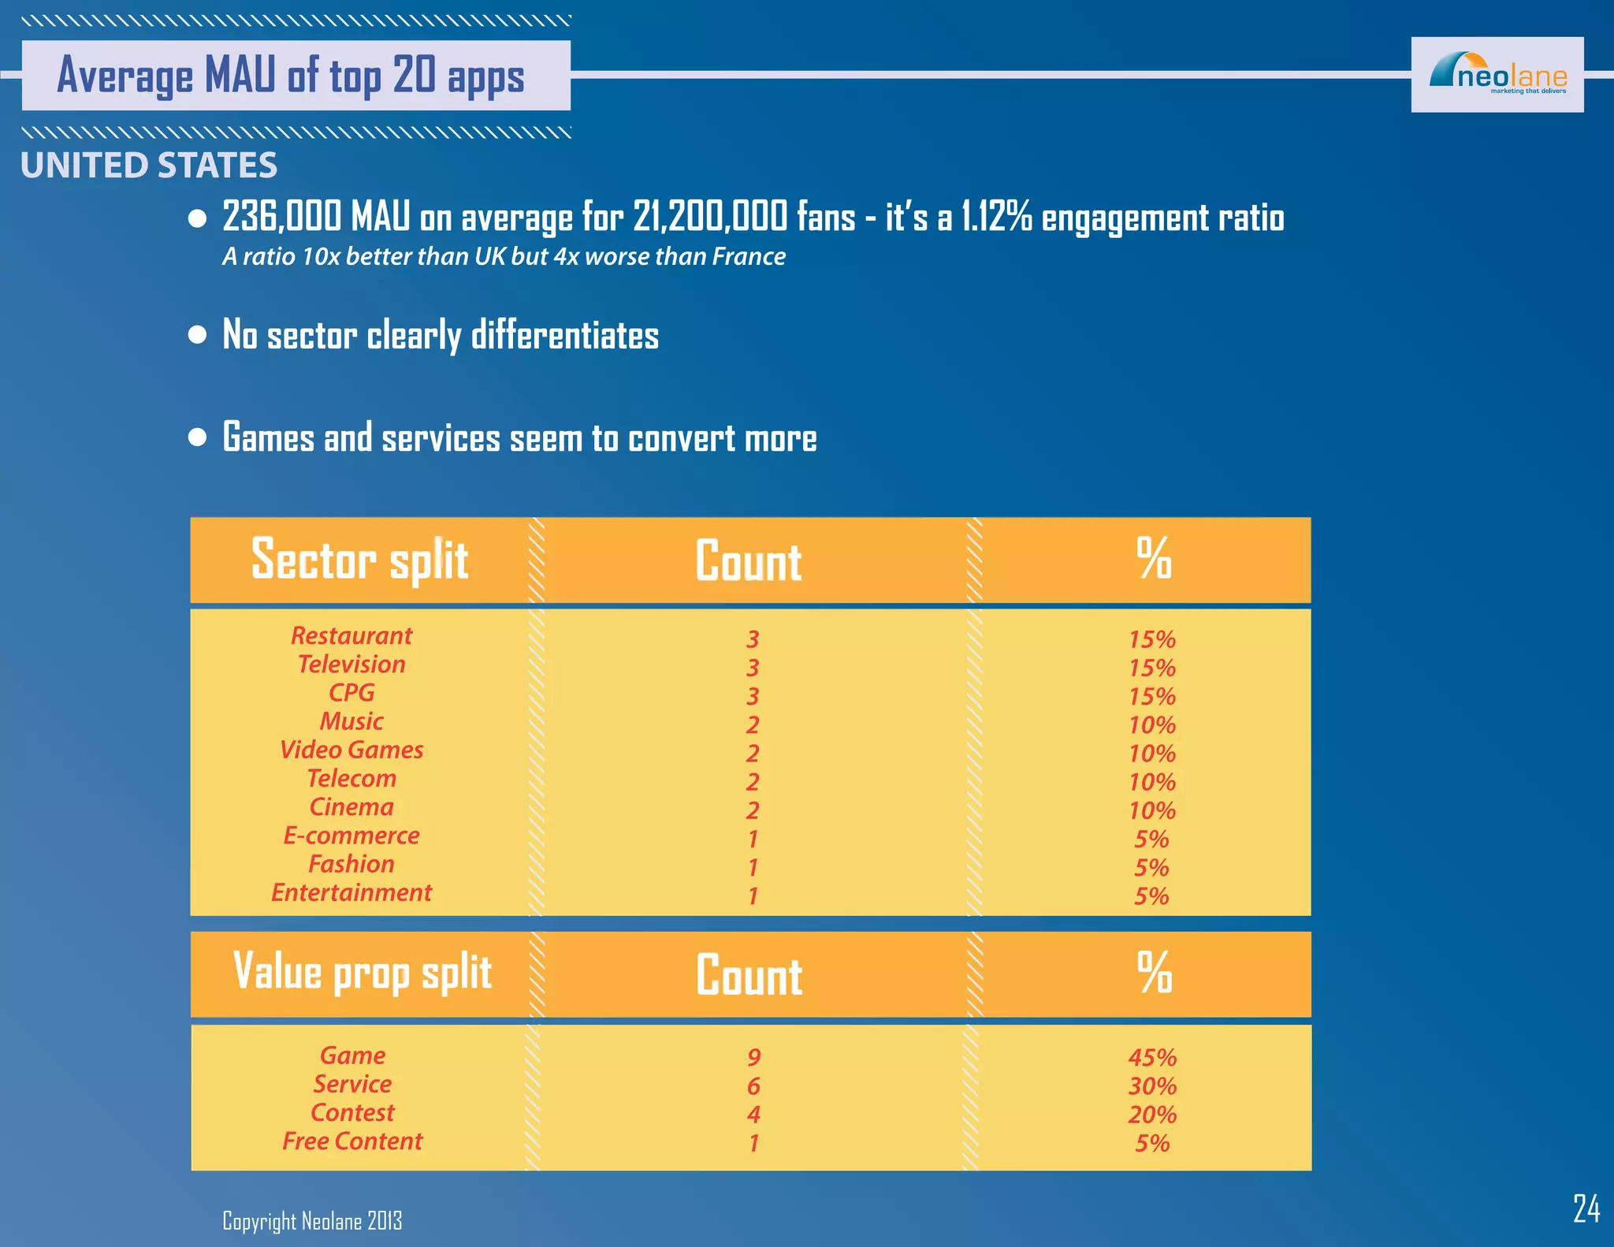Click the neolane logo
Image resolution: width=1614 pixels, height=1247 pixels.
click(1497, 75)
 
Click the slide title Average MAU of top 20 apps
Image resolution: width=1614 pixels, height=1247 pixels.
click(291, 76)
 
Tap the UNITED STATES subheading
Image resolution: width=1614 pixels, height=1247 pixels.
click(149, 166)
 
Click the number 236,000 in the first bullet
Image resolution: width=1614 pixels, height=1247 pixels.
click(282, 217)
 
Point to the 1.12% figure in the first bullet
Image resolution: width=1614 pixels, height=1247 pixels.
click(996, 217)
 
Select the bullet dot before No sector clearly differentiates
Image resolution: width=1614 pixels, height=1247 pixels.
click(198, 335)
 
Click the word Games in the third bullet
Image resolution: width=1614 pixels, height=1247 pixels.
click(268, 438)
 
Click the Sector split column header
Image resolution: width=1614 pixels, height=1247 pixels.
click(360, 560)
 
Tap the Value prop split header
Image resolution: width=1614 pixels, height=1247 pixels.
click(363, 973)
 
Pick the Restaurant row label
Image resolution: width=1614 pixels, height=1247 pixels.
click(351, 636)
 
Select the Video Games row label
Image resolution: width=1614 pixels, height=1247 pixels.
click(351, 750)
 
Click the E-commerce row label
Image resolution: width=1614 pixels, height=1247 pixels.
click(351, 836)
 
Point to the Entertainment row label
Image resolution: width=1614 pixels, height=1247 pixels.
click(351, 893)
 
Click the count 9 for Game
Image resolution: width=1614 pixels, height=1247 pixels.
click(753, 1058)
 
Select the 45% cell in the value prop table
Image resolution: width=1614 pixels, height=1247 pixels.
click(1152, 1058)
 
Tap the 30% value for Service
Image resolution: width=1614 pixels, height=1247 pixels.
click(1152, 1086)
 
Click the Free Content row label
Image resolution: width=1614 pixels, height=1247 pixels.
click(352, 1141)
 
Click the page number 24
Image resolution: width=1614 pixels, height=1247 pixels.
click(1586, 1208)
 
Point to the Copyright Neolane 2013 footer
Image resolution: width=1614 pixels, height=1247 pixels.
click(312, 1221)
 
